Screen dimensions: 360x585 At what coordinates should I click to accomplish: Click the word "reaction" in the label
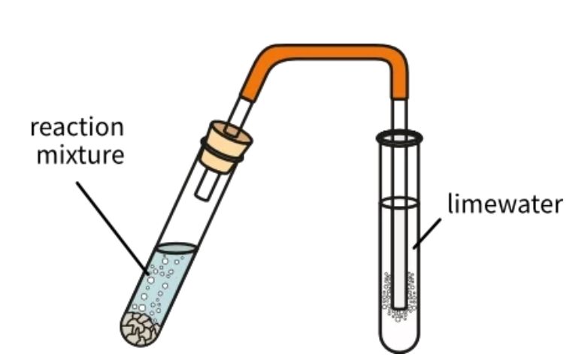[77, 127]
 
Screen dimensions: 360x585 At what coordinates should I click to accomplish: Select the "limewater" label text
[505, 204]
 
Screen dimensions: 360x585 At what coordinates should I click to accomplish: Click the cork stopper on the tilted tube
[226, 142]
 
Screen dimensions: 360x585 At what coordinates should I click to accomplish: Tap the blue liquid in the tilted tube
[162, 286]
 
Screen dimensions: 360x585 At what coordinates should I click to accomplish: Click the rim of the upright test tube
[399, 138]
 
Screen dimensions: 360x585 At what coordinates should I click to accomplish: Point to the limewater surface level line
[399, 202]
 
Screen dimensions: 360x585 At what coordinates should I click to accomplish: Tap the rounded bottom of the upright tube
[399, 342]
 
